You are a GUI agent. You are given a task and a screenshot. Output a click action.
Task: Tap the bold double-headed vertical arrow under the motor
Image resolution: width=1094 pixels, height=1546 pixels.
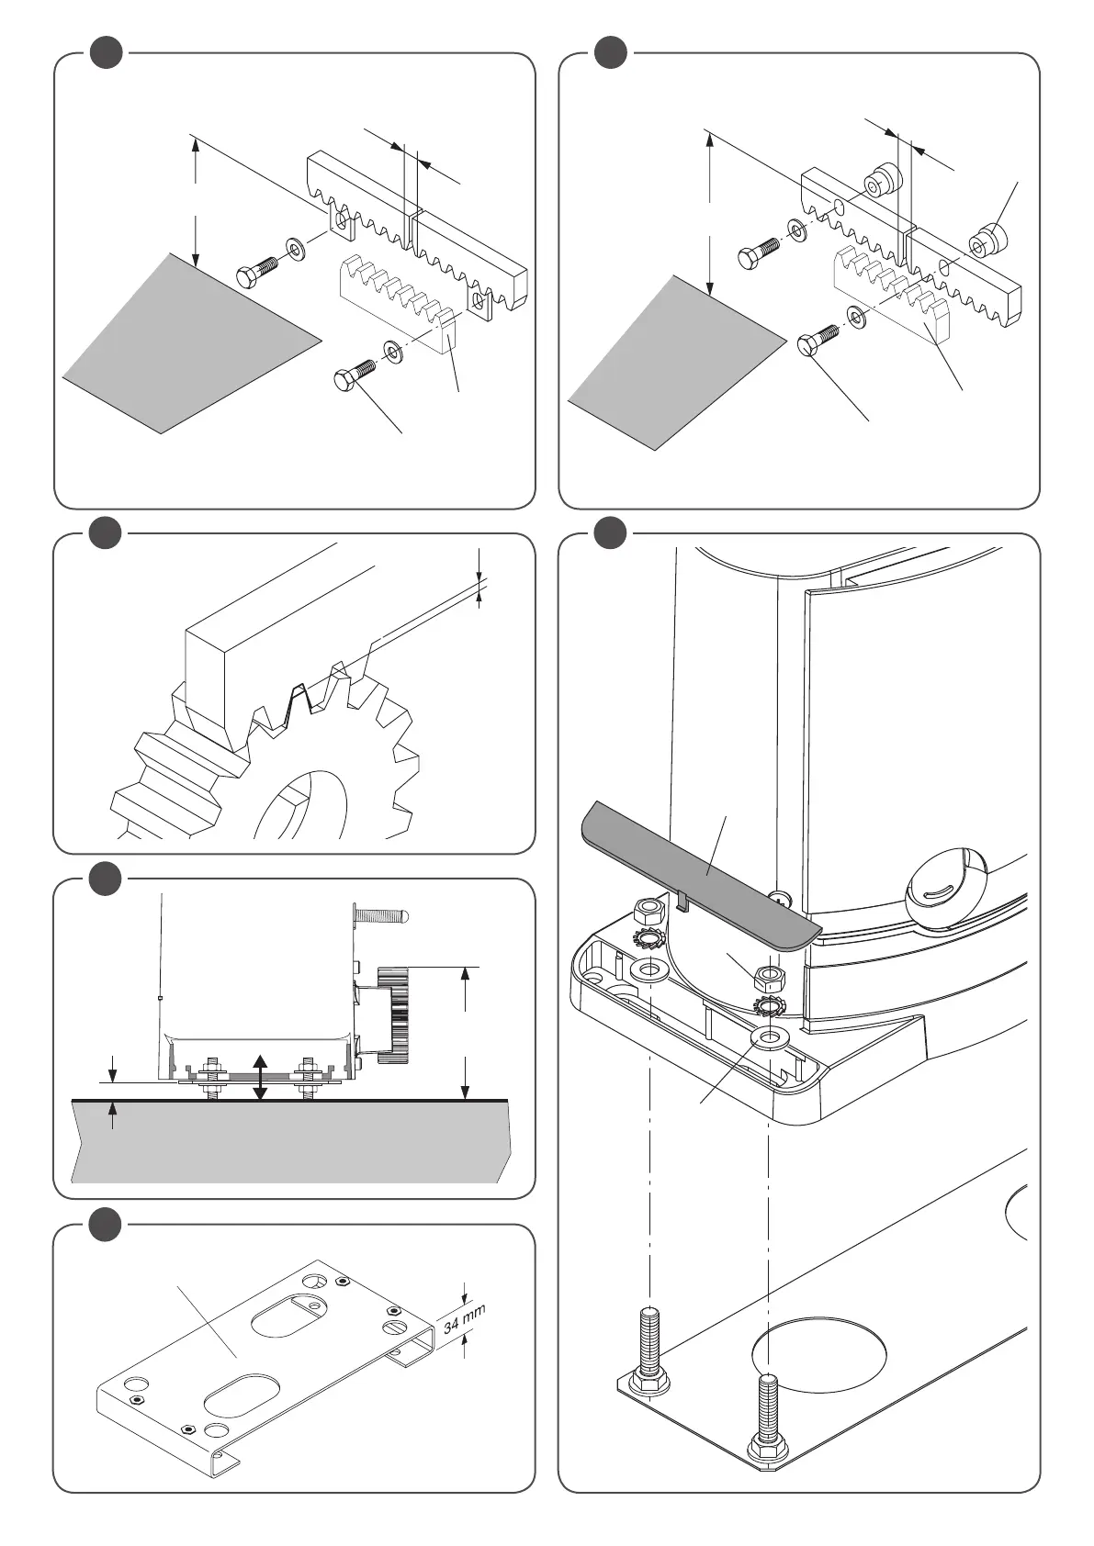click(x=260, y=1078)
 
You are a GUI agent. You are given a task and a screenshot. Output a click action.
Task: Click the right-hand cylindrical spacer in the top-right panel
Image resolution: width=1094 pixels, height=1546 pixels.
click(x=987, y=241)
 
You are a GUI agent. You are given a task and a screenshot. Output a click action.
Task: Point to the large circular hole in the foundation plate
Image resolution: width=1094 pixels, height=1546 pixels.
click(x=819, y=1359)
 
